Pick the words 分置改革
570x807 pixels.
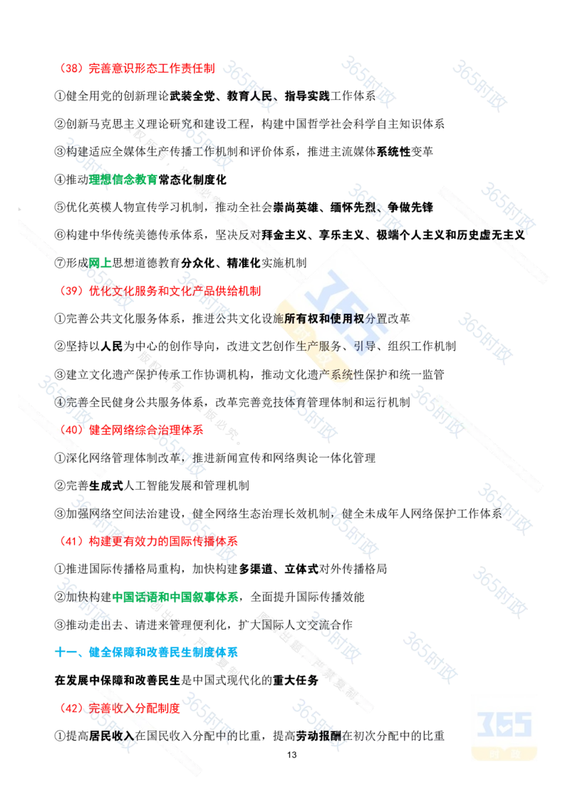388,319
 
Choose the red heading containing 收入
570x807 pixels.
119,708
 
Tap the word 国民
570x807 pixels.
152,734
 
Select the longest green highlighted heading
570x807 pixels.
175,596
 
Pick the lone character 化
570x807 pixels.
83,454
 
